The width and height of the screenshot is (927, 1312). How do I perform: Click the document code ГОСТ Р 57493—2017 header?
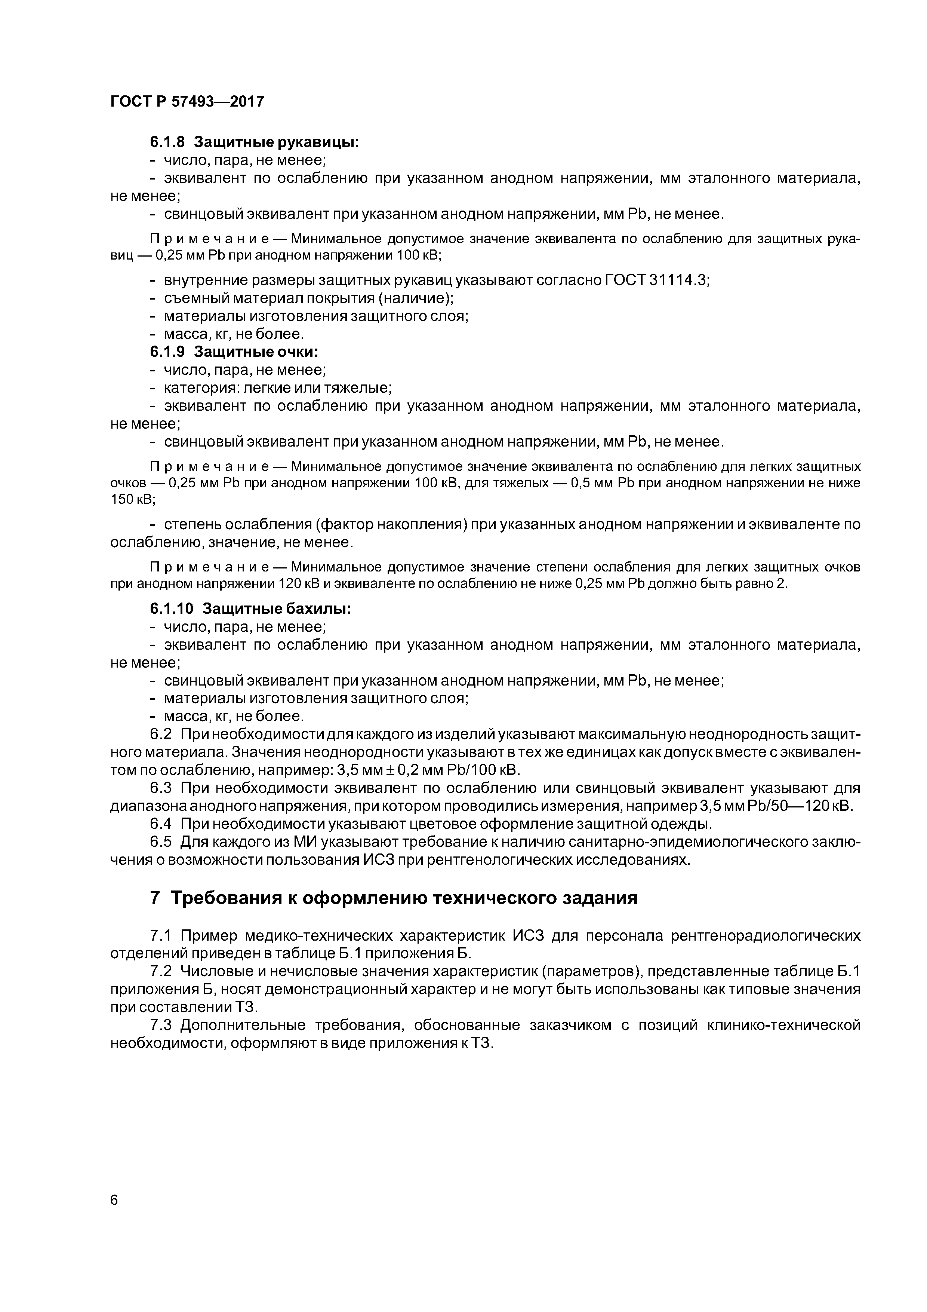point(187,102)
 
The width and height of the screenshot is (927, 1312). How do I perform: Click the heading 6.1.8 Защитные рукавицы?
point(254,142)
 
